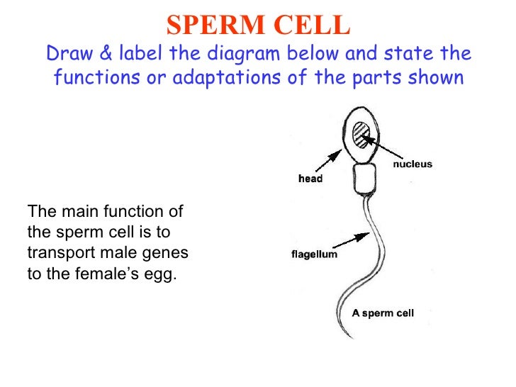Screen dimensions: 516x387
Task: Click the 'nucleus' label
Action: [x=413, y=164]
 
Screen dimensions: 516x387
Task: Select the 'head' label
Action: [x=310, y=179]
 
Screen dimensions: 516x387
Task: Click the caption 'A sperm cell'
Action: [x=383, y=312]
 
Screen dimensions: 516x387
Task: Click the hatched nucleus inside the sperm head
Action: [x=362, y=134]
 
